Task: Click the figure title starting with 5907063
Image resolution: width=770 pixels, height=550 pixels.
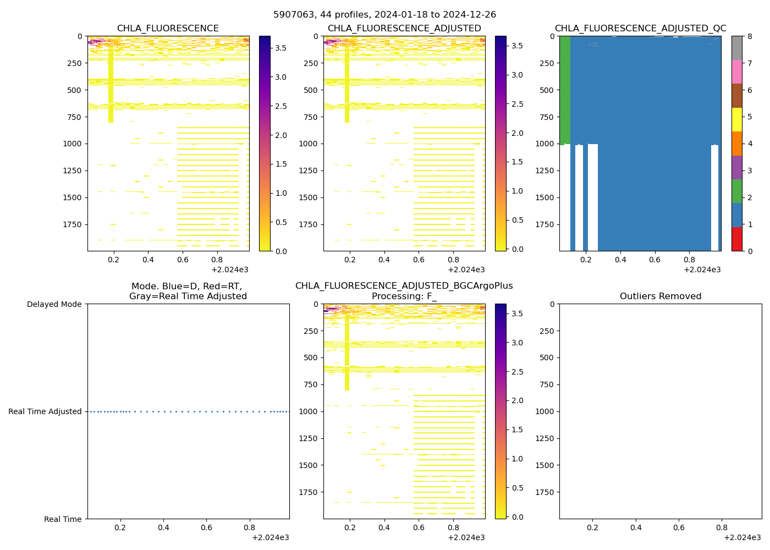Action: [x=384, y=15]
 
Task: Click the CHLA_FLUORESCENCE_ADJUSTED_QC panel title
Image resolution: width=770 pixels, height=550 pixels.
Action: [x=640, y=29]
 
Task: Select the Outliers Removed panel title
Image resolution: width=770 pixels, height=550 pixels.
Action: [x=661, y=296]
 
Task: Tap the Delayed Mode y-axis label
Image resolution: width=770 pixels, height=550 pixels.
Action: [x=54, y=304]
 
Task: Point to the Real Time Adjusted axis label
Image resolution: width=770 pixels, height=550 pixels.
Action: [x=45, y=411]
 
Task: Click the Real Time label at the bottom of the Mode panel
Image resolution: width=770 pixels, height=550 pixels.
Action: [x=63, y=519]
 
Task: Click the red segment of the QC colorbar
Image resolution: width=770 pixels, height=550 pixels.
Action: [x=737, y=239]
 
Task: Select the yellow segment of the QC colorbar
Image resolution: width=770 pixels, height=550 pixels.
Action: [x=737, y=120]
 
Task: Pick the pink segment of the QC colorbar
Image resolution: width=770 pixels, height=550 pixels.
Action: [x=737, y=72]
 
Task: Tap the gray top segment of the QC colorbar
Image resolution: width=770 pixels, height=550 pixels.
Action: [x=737, y=48]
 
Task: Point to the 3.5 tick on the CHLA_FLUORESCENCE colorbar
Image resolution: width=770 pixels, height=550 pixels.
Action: [x=280, y=48]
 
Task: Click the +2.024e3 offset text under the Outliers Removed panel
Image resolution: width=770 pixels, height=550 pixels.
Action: [x=742, y=537]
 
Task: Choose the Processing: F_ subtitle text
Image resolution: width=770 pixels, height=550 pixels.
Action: [x=404, y=296]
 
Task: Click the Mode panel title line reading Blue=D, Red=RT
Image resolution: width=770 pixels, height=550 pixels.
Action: [x=187, y=287]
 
